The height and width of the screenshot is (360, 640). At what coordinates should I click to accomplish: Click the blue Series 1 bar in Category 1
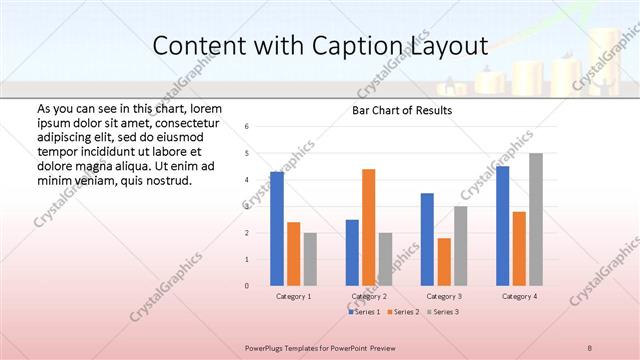tap(277, 229)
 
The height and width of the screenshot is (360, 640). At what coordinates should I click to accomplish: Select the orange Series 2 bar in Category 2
tap(369, 227)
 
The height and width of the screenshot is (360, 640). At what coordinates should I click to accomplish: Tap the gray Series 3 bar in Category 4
tap(536, 219)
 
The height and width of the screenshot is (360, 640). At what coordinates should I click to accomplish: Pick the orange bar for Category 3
tap(444, 262)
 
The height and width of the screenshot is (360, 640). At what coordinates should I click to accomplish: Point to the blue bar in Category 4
tap(502, 226)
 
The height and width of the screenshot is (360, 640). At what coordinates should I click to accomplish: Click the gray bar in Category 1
tap(310, 259)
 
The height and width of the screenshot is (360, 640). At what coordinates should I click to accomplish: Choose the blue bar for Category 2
tap(352, 252)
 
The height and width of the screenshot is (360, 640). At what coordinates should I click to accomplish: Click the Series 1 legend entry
tap(366, 312)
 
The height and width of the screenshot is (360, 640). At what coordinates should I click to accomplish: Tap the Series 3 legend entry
tap(442, 312)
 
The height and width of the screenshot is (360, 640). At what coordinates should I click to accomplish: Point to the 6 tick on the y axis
tap(247, 127)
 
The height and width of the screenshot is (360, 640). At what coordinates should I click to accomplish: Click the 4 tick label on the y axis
tap(247, 180)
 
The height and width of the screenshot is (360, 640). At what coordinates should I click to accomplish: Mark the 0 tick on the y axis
tap(247, 286)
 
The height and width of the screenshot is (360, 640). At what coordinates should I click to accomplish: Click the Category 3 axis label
tap(444, 297)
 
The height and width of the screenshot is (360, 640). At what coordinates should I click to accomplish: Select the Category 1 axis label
tap(294, 297)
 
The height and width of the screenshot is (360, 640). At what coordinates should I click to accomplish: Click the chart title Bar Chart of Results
tap(402, 110)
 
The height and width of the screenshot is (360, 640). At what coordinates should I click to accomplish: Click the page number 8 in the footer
tap(590, 346)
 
